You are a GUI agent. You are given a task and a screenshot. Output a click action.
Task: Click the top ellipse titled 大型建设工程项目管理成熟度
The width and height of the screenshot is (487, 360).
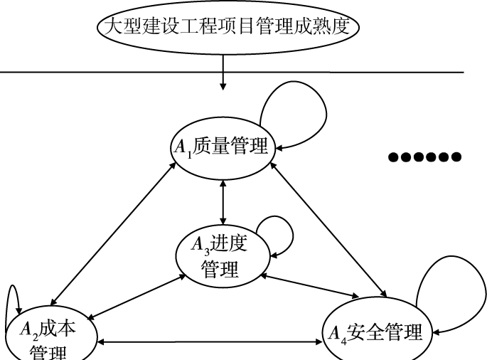(223, 28)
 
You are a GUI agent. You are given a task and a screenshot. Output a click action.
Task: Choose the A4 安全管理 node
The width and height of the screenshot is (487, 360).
(375, 332)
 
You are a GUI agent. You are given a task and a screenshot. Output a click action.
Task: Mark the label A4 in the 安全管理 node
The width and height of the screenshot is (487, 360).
(336, 333)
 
